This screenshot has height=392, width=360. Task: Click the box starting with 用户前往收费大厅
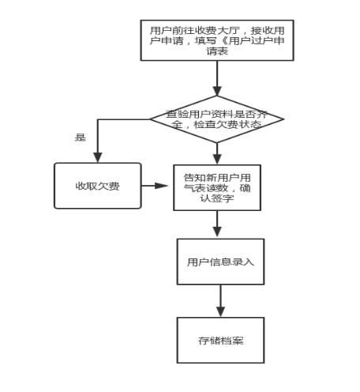217,40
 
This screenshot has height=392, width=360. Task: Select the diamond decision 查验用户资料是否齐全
217,119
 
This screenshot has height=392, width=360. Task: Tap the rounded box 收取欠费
98,186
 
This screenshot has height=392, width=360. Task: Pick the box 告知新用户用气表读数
217,187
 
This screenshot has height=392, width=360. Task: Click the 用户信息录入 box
220,262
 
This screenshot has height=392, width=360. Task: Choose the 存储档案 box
220,340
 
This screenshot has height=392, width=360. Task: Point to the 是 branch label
81,138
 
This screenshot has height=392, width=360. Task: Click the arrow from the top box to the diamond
217,78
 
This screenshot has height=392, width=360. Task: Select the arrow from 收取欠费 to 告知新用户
155,186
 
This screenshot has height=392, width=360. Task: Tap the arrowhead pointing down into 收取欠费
98,157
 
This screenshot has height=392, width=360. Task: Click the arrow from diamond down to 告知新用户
217,154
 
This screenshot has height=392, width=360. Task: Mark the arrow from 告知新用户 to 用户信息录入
217,224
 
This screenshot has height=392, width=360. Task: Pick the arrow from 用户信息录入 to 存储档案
220,301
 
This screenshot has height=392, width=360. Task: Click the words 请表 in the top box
217,51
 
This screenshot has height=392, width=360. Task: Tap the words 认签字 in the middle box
217,198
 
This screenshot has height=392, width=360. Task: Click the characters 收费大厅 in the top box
217,31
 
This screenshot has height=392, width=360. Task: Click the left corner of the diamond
150,119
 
